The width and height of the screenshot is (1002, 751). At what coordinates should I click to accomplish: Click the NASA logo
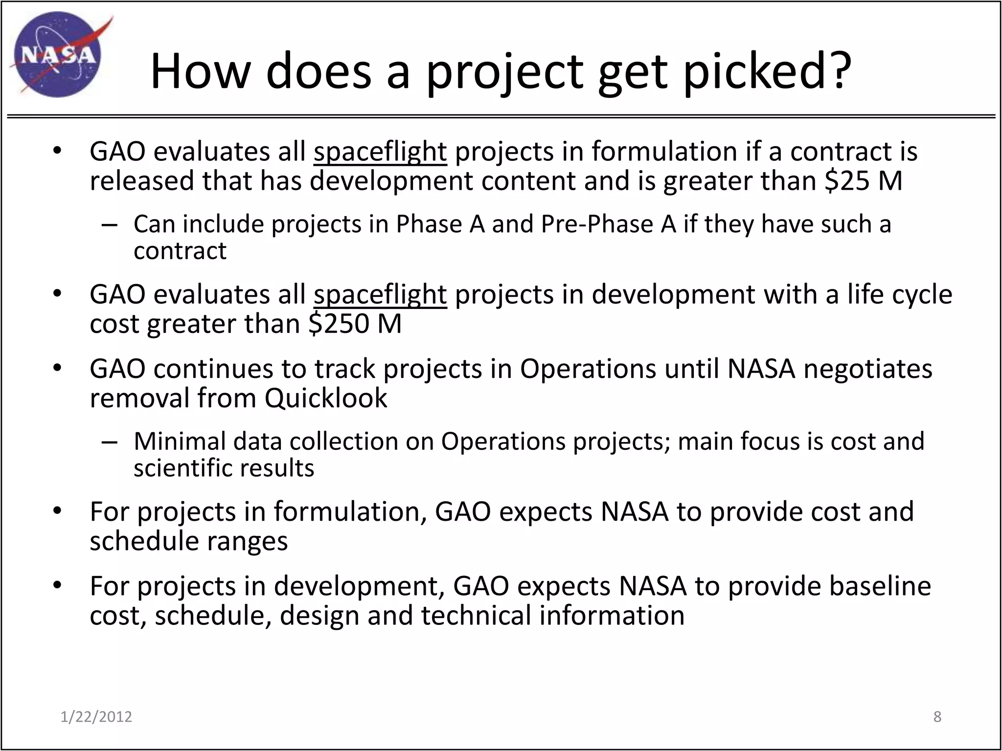[58, 55]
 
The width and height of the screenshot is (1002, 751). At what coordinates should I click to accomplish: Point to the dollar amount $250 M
[355, 323]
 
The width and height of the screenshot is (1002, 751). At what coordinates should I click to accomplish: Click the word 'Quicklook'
[326, 398]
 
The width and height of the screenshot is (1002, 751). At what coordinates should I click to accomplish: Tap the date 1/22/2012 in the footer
[96, 717]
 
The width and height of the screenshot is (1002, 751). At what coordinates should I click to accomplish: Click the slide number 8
[937, 717]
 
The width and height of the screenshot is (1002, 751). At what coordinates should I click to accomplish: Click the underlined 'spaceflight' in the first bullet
[380, 151]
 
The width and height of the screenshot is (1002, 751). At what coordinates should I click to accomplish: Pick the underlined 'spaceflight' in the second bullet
[380, 294]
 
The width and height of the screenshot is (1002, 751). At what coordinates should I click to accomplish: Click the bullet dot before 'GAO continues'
[57, 368]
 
